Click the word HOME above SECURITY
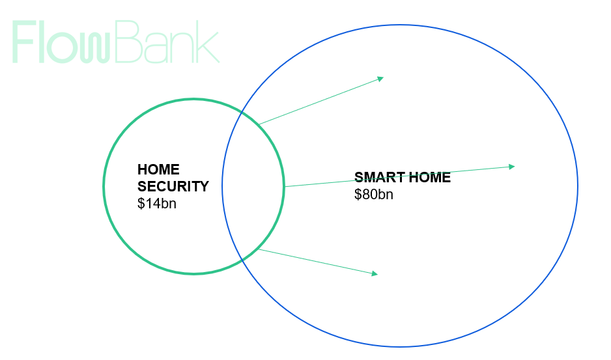[x=158, y=169]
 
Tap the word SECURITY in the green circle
[x=173, y=186]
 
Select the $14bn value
[x=156, y=203]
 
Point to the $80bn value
[x=373, y=195]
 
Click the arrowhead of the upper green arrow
[x=380, y=79]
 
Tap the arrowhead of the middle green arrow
[x=512, y=167]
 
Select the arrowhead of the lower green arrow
[x=375, y=274]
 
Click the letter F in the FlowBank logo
[x=25, y=42]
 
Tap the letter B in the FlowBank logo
[x=128, y=42]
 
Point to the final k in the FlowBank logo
[x=208, y=42]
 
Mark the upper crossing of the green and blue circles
[x=242, y=112]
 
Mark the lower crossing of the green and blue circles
[x=242, y=259]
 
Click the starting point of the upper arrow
[x=259, y=124]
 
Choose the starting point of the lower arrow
[x=259, y=249]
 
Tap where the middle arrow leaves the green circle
[x=285, y=187]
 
